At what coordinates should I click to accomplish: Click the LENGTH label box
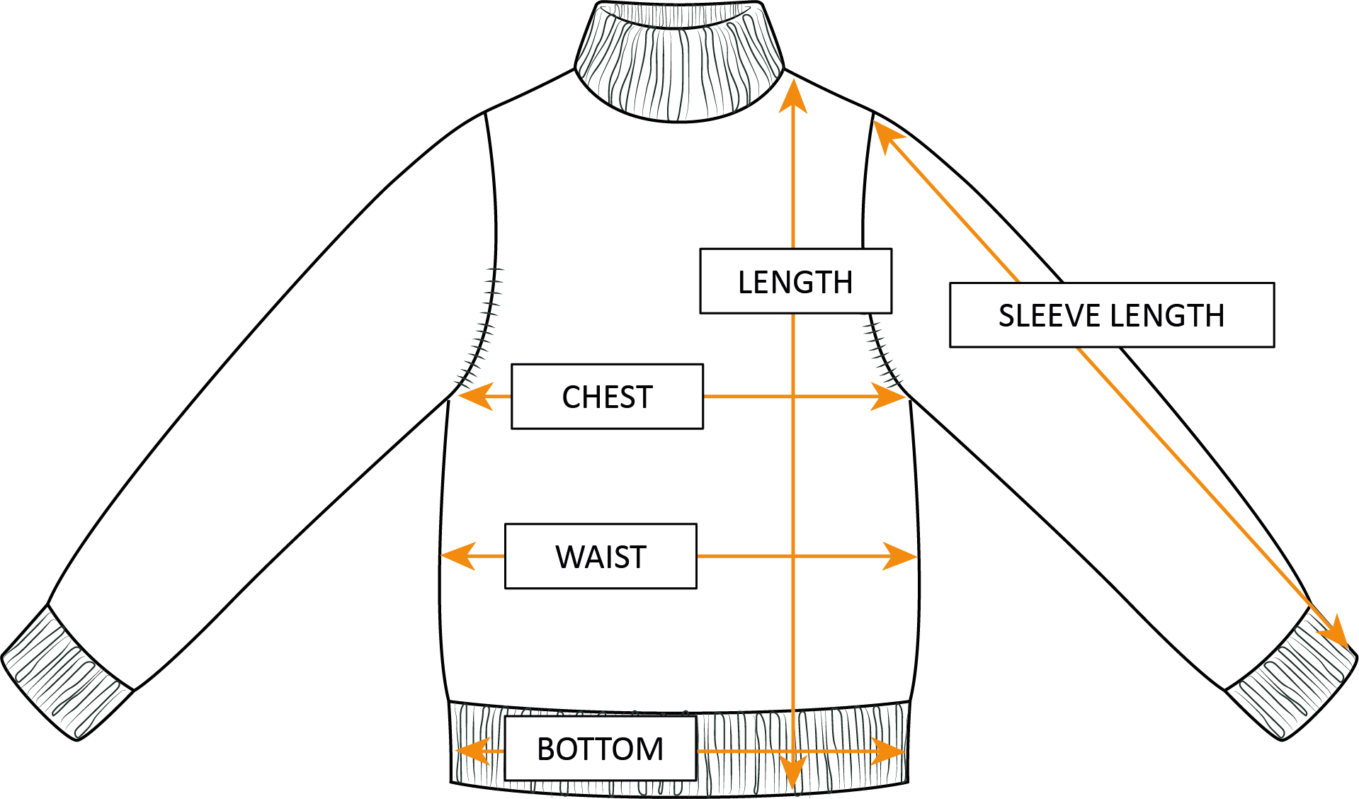(795, 281)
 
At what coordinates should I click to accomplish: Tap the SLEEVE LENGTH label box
(1111, 315)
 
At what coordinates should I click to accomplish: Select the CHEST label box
(607, 397)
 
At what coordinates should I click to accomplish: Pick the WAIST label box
(601, 556)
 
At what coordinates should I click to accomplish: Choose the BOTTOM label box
(600, 749)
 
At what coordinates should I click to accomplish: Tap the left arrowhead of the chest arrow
(474, 397)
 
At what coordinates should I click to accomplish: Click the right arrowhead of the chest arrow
(889, 397)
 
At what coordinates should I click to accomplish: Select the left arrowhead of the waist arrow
(457, 556)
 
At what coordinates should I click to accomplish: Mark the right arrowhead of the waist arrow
(900, 556)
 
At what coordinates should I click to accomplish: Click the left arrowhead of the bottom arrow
(472, 751)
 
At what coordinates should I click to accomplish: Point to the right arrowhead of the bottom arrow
(889, 751)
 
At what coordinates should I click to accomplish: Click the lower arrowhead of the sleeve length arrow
(1336, 633)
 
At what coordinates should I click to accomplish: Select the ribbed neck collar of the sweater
(680, 60)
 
